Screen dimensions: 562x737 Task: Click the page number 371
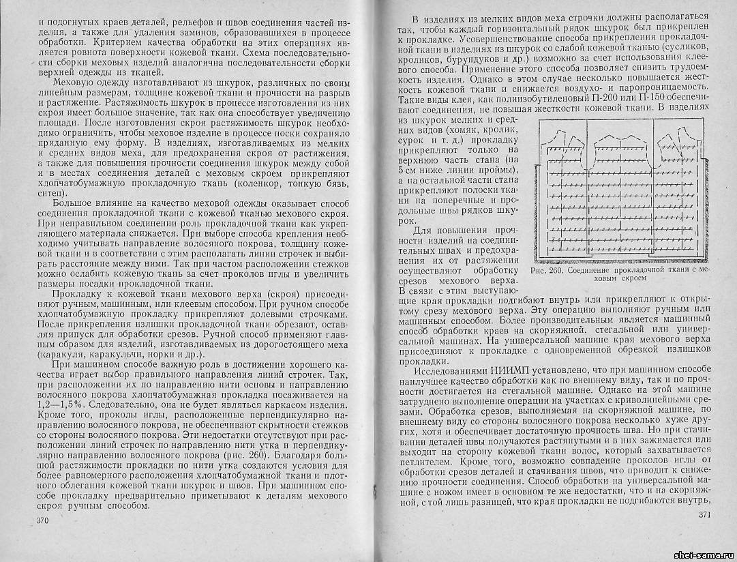704,515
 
